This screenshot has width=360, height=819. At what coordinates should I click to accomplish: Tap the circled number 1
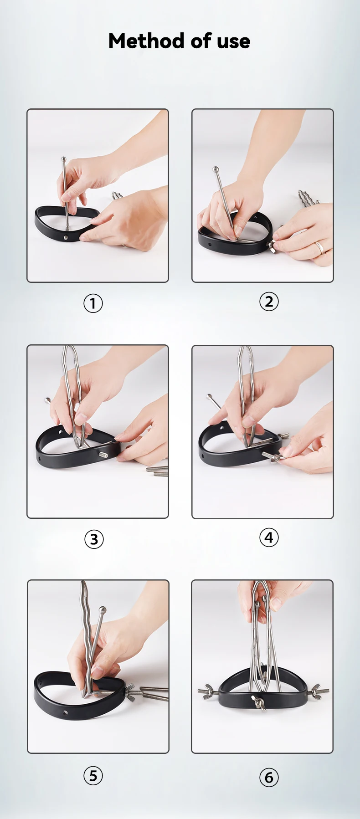coord(93,303)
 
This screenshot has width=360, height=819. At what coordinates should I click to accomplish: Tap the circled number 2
coord(269,301)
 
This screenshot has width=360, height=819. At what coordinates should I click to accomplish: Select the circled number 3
coord(94,539)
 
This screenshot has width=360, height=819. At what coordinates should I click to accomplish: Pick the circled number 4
coord(269,537)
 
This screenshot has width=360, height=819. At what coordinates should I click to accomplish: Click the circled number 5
coord(93,775)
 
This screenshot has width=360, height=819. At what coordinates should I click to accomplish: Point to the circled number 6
coord(269,777)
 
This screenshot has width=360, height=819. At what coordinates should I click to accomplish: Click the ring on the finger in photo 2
coord(320,247)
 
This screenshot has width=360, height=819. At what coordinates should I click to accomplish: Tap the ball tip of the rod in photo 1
coord(63,159)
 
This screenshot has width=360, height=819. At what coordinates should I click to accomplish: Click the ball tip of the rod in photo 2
coord(215,170)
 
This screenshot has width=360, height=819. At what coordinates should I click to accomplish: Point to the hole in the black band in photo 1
coord(66,237)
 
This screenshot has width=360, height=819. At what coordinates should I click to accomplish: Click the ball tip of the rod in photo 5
coord(103,609)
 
